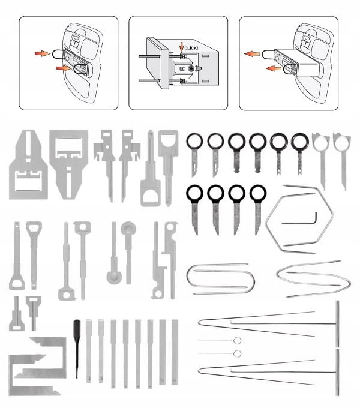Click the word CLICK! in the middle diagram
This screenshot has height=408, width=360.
pyautogui.click(x=191, y=48)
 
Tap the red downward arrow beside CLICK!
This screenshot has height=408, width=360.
pyautogui.click(x=182, y=48)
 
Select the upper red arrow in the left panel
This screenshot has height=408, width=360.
pyautogui.click(x=43, y=53)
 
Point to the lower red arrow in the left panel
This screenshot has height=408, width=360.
pyautogui.click(x=63, y=68)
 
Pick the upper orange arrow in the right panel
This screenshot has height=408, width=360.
pyautogui.click(x=252, y=54)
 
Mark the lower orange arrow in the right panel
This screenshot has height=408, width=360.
pyautogui.click(x=274, y=68)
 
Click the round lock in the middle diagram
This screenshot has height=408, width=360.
pyautogui.click(x=191, y=68)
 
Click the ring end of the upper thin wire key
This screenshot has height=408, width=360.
pyautogui.click(x=237, y=340)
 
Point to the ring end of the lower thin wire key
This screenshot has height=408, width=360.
pyautogui.click(x=237, y=353)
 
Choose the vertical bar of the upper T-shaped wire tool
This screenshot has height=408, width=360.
pyautogui.click(x=337, y=324)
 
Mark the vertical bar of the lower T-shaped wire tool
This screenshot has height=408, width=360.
pyautogui.click(x=337, y=372)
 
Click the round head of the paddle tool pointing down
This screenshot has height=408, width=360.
pyautogui.click(x=114, y=277)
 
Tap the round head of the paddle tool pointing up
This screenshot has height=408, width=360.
pyautogui.click(x=128, y=229)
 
